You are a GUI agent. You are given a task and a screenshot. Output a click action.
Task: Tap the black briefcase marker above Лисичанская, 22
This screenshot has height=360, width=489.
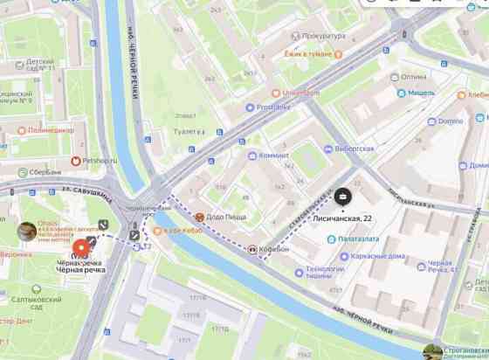pyautogui.click(x=342, y=199)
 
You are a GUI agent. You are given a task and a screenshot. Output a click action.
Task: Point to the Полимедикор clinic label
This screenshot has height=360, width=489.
pyautogui.click(x=42, y=129)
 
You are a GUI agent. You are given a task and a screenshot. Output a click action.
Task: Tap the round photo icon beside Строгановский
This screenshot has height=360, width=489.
pyautogui.click(x=432, y=352)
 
